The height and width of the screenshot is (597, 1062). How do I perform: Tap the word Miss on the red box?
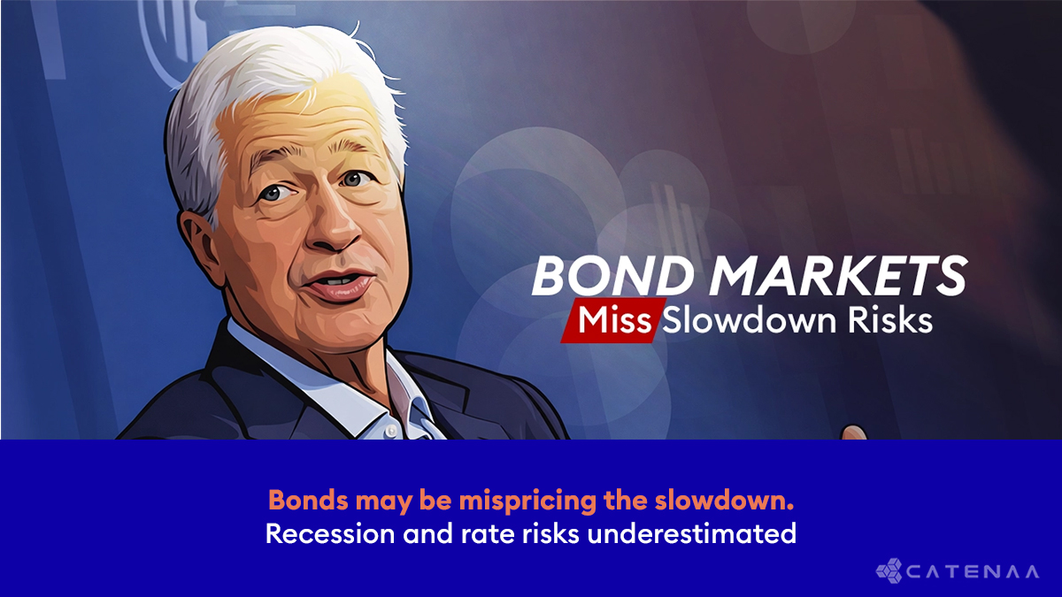pyautogui.click(x=609, y=320)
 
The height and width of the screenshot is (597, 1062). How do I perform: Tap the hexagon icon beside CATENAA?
pyautogui.click(x=889, y=570)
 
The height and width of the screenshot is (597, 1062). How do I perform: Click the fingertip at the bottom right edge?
pyautogui.click(x=854, y=432)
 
